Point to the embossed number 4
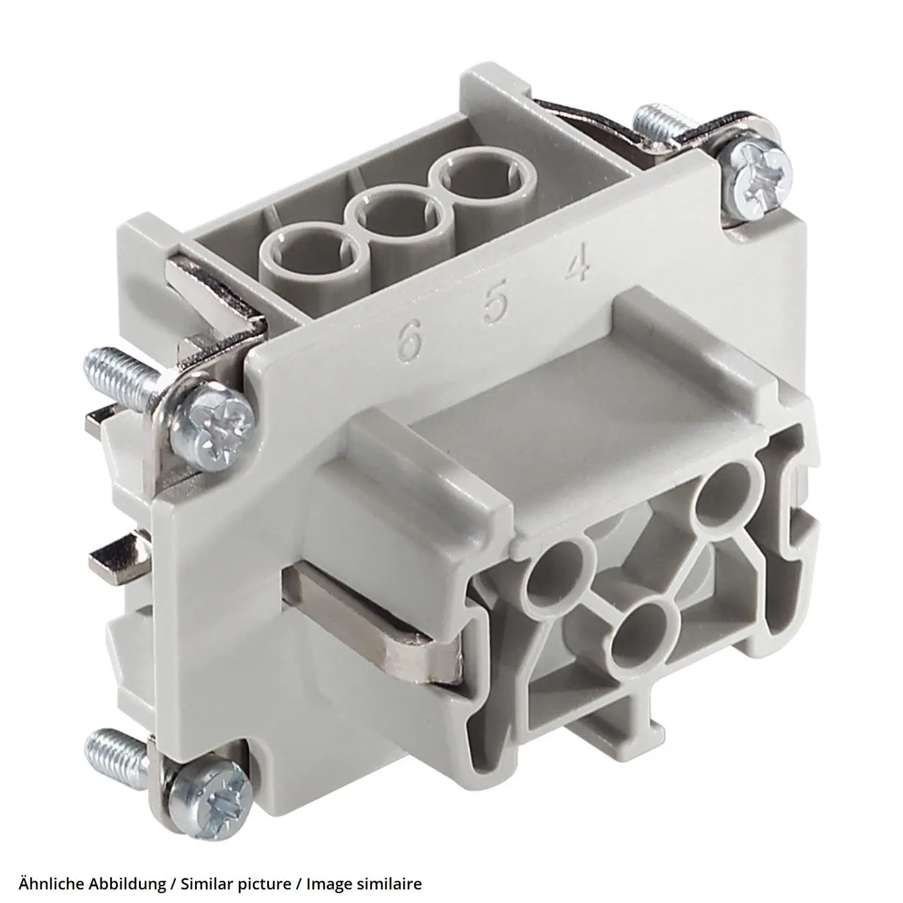tap(577, 267)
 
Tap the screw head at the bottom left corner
tap(208, 792)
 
